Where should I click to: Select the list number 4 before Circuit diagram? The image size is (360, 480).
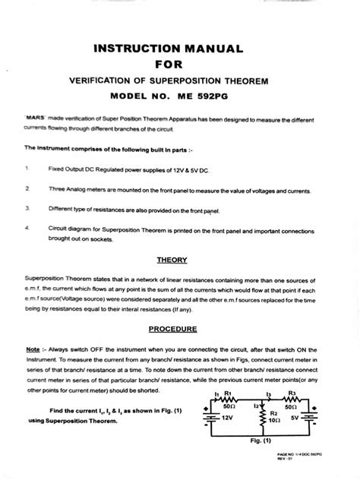27,226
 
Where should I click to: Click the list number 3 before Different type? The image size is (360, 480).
27,207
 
